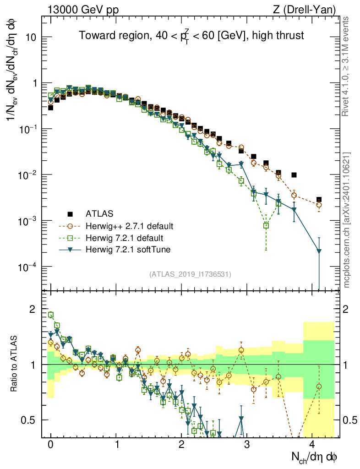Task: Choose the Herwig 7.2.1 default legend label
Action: (x=125, y=238)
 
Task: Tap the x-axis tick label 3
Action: (x=247, y=445)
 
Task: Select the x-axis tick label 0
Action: (x=51, y=445)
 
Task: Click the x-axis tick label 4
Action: (x=312, y=445)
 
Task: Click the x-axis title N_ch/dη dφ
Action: (x=315, y=457)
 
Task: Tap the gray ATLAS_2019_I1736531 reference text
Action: (x=190, y=274)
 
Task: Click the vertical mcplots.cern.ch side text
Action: (x=346, y=220)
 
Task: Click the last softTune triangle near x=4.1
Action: (x=319, y=251)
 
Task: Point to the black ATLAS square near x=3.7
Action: (x=294, y=175)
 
